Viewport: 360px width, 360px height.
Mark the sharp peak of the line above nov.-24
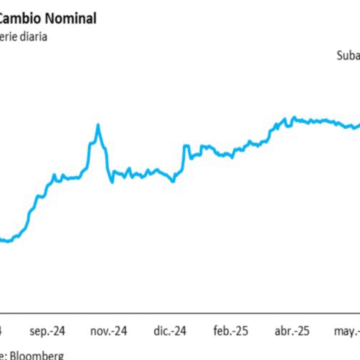click(x=98, y=125)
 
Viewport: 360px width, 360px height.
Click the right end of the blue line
click(x=358, y=122)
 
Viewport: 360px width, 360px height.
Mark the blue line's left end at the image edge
click(x=1, y=238)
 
